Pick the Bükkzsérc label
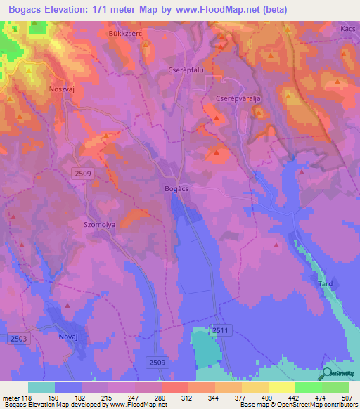125,33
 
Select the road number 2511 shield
219,330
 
